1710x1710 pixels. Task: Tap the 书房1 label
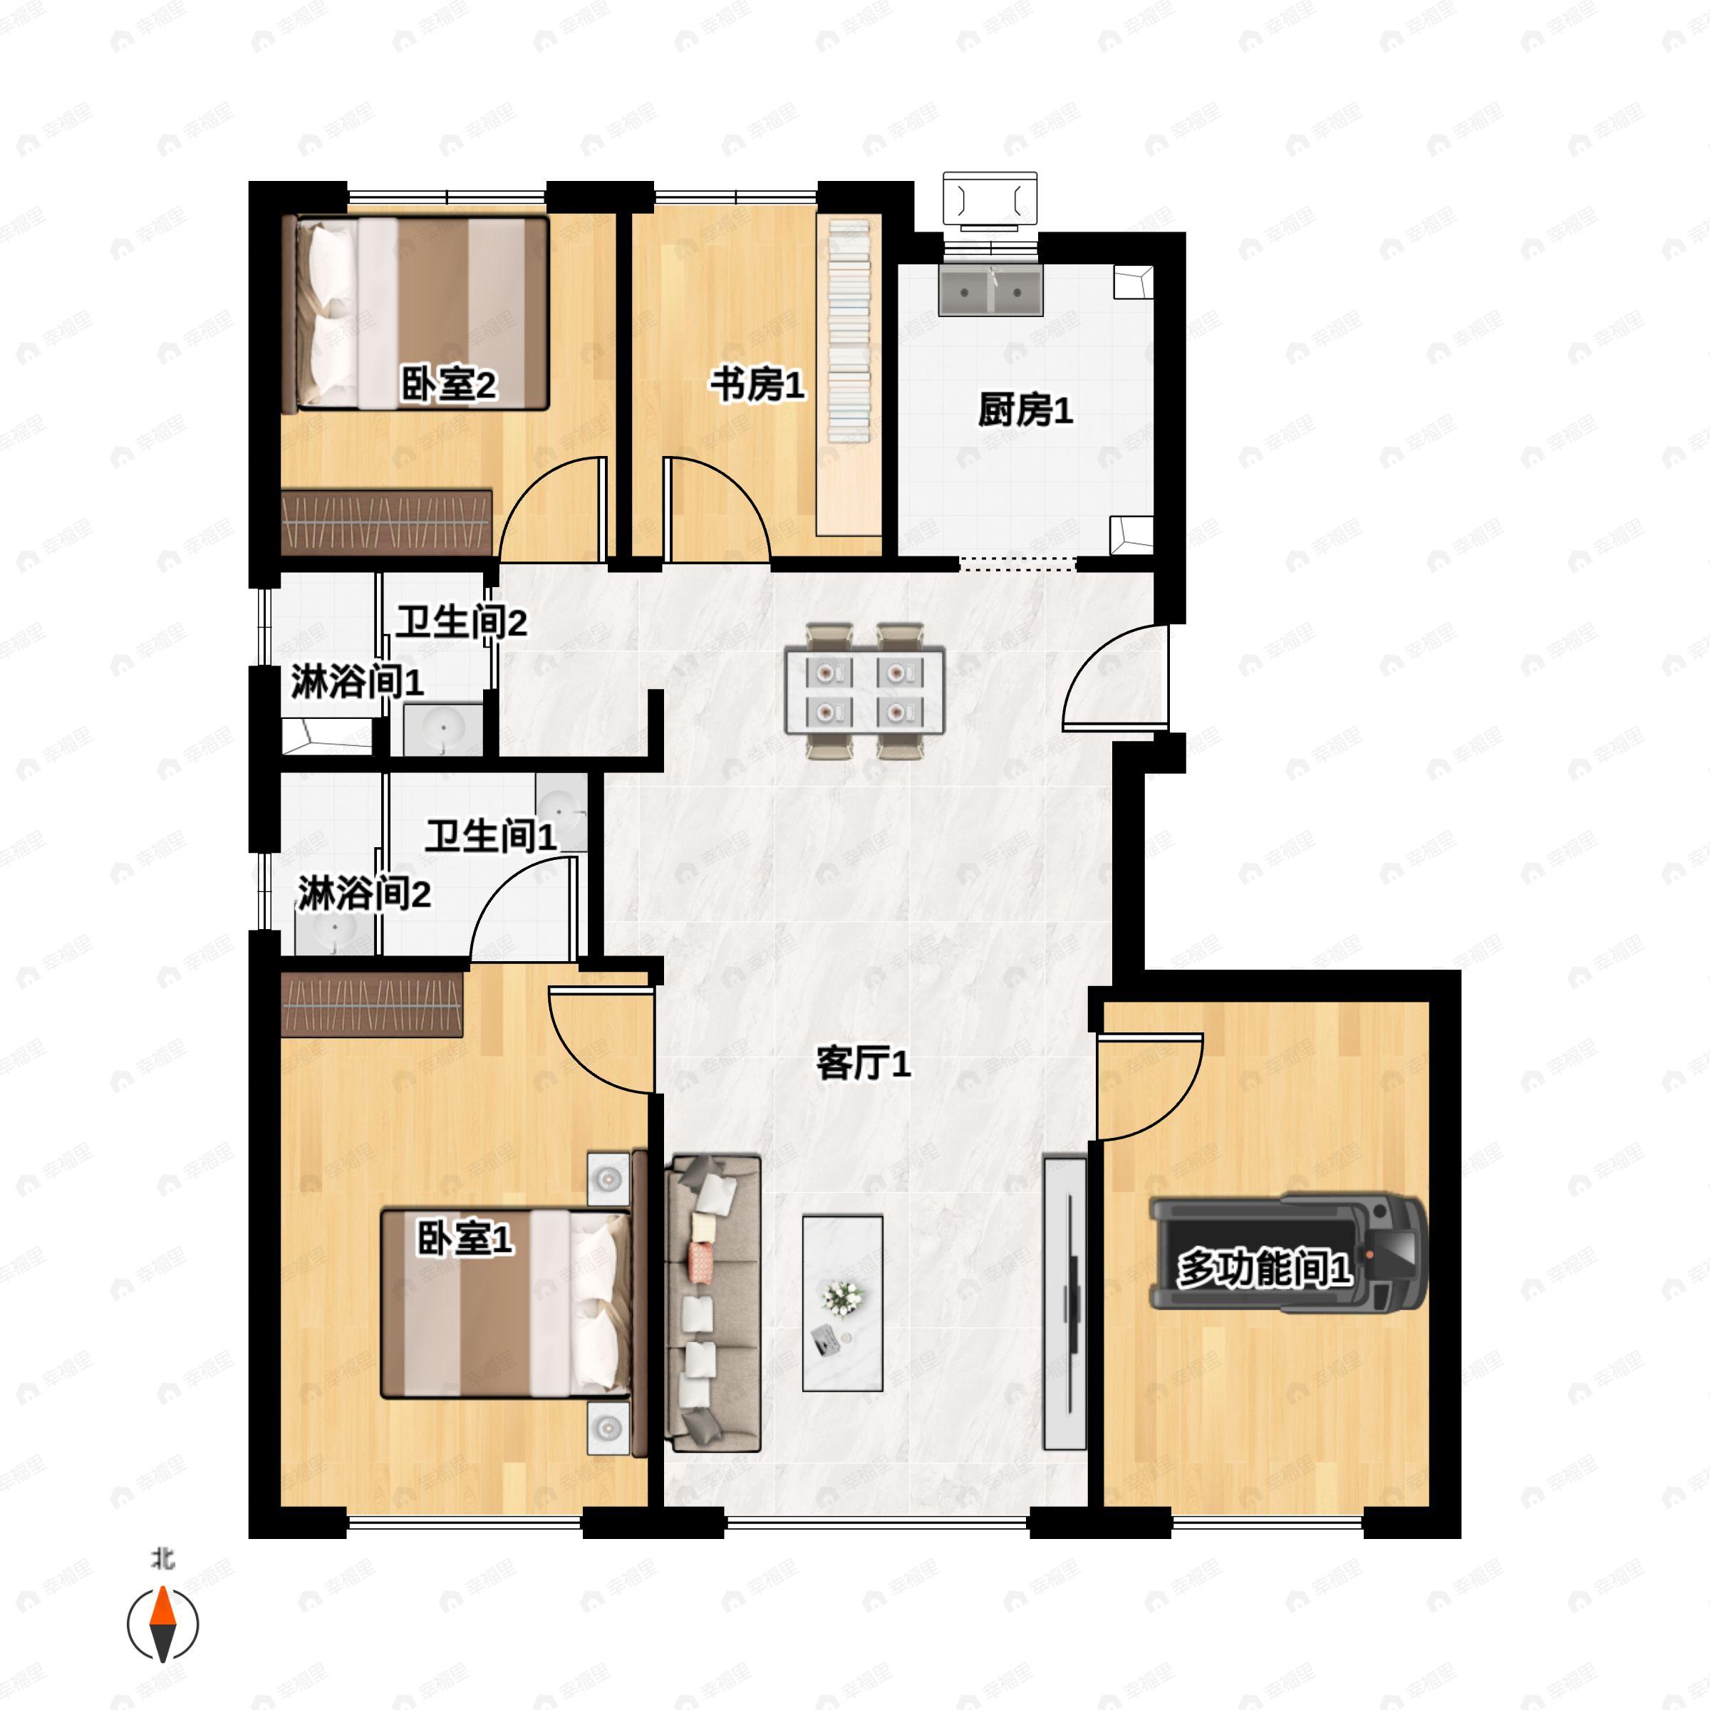757,385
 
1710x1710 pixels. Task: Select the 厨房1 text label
1026,410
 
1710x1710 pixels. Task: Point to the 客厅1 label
863,1063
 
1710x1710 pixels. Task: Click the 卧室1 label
465,1238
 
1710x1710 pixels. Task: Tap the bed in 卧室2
415,313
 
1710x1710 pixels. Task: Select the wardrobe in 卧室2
386,522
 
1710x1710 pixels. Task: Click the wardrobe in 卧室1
372,1005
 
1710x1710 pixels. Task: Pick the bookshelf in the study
849,375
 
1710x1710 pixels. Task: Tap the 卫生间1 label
491,836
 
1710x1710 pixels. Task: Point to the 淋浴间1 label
358,682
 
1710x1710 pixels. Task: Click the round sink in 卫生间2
442,730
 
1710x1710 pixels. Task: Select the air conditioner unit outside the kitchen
990,200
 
